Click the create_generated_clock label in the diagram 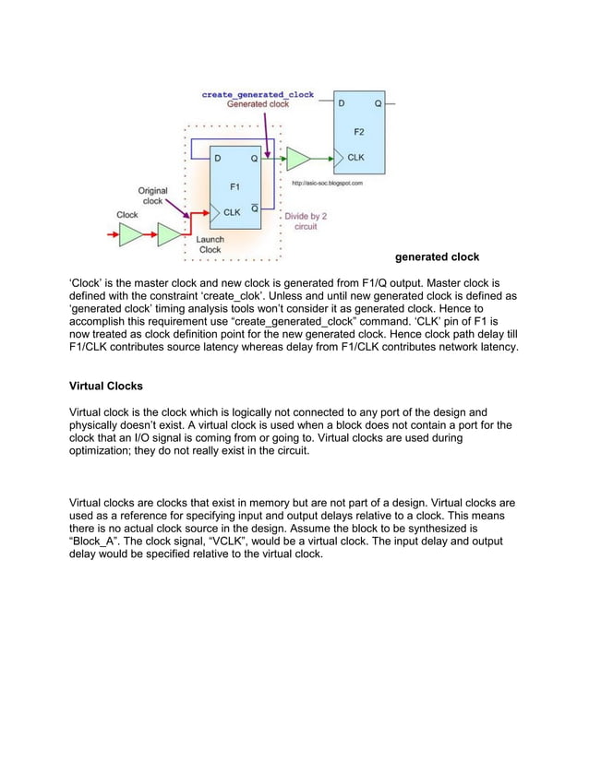click(x=258, y=94)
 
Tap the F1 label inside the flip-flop click(x=234, y=187)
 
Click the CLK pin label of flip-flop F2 click(x=355, y=158)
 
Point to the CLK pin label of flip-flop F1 click(x=233, y=211)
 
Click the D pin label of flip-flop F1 click(x=218, y=159)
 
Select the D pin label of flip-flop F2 click(x=343, y=104)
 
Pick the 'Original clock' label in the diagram click(x=153, y=196)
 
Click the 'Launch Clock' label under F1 click(x=210, y=244)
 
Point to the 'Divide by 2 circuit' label click(x=307, y=221)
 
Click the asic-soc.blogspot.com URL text click(x=327, y=184)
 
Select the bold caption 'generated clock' click(x=437, y=256)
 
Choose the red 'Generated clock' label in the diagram click(x=258, y=104)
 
